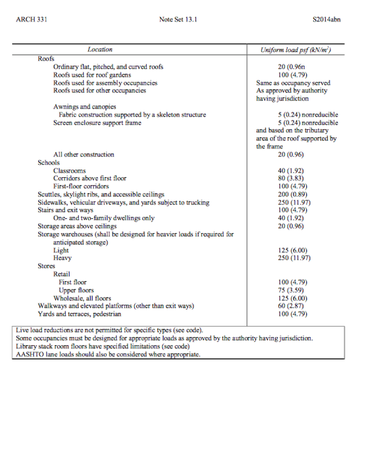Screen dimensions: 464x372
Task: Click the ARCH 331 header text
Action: (x=32, y=20)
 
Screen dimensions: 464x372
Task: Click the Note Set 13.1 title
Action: (x=178, y=20)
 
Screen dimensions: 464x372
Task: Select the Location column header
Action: (x=100, y=50)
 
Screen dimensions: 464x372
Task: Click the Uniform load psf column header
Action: (x=295, y=50)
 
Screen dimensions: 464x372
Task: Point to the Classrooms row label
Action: (x=70, y=171)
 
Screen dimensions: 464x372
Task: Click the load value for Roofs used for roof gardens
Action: (x=290, y=75)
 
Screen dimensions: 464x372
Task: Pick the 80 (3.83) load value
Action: (x=290, y=178)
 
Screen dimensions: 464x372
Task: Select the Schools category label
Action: (x=49, y=163)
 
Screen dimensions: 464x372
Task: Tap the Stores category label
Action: (x=47, y=266)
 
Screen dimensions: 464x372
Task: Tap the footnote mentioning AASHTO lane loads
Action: (x=108, y=355)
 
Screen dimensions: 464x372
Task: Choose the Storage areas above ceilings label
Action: (x=77, y=226)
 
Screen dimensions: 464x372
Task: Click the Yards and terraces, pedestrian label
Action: (x=79, y=314)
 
